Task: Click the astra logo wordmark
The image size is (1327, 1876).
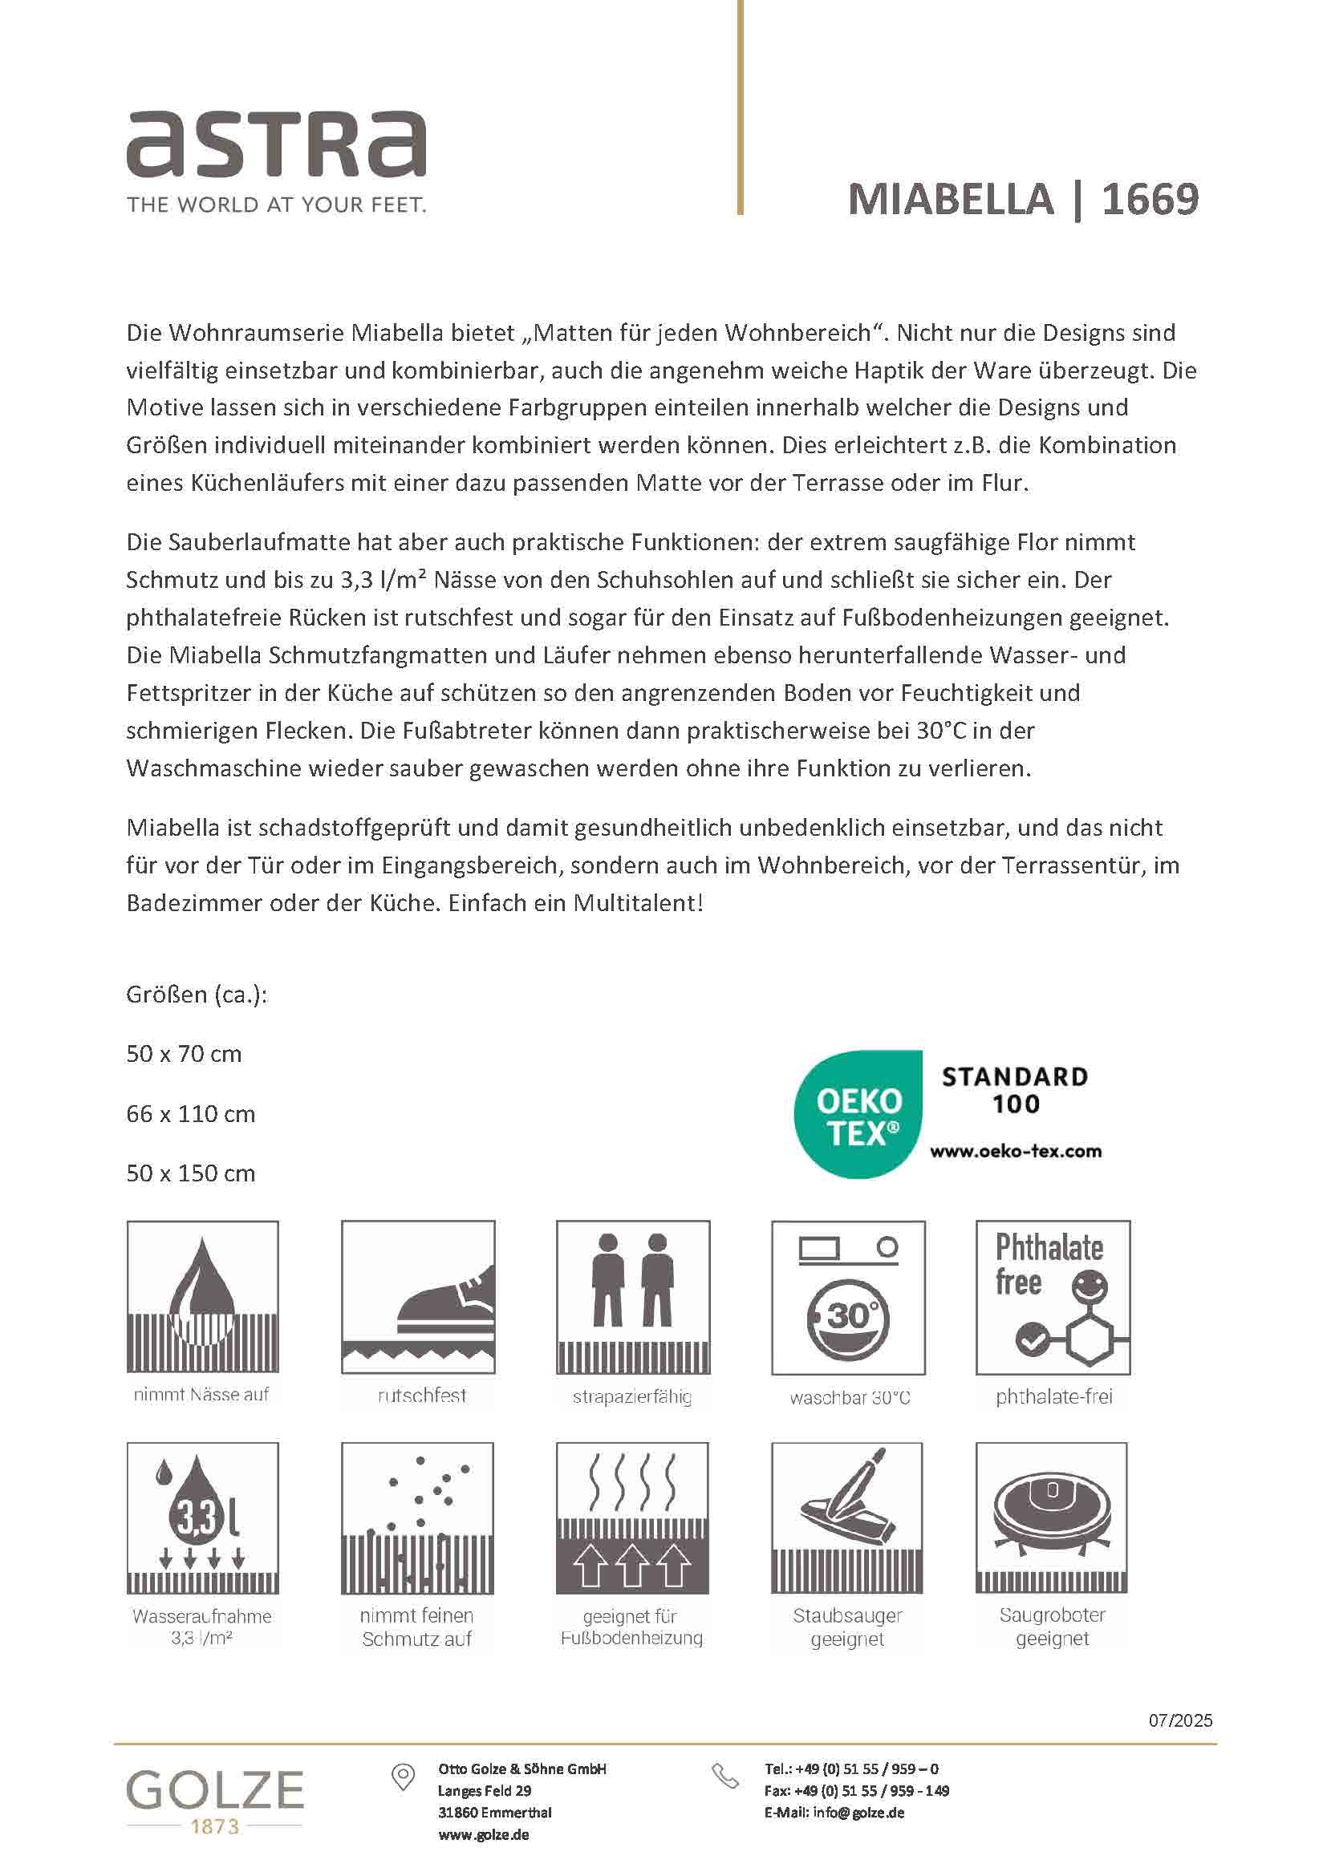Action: coord(275,145)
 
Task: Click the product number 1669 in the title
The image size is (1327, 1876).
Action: coord(1150,200)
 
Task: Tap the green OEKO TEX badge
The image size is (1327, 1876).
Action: coord(858,1115)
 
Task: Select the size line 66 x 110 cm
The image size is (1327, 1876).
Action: coord(190,1115)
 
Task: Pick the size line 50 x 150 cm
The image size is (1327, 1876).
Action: coord(190,1174)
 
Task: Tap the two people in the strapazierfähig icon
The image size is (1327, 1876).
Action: coord(631,1280)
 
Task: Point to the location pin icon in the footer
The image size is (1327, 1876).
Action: coord(403,1777)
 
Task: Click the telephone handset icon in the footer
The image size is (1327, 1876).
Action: coord(724,1777)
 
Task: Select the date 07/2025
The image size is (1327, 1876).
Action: coord(1180,1720)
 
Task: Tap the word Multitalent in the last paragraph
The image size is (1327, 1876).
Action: coord(636,904)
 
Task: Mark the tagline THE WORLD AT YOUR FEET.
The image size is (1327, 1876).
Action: coord(276,205)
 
